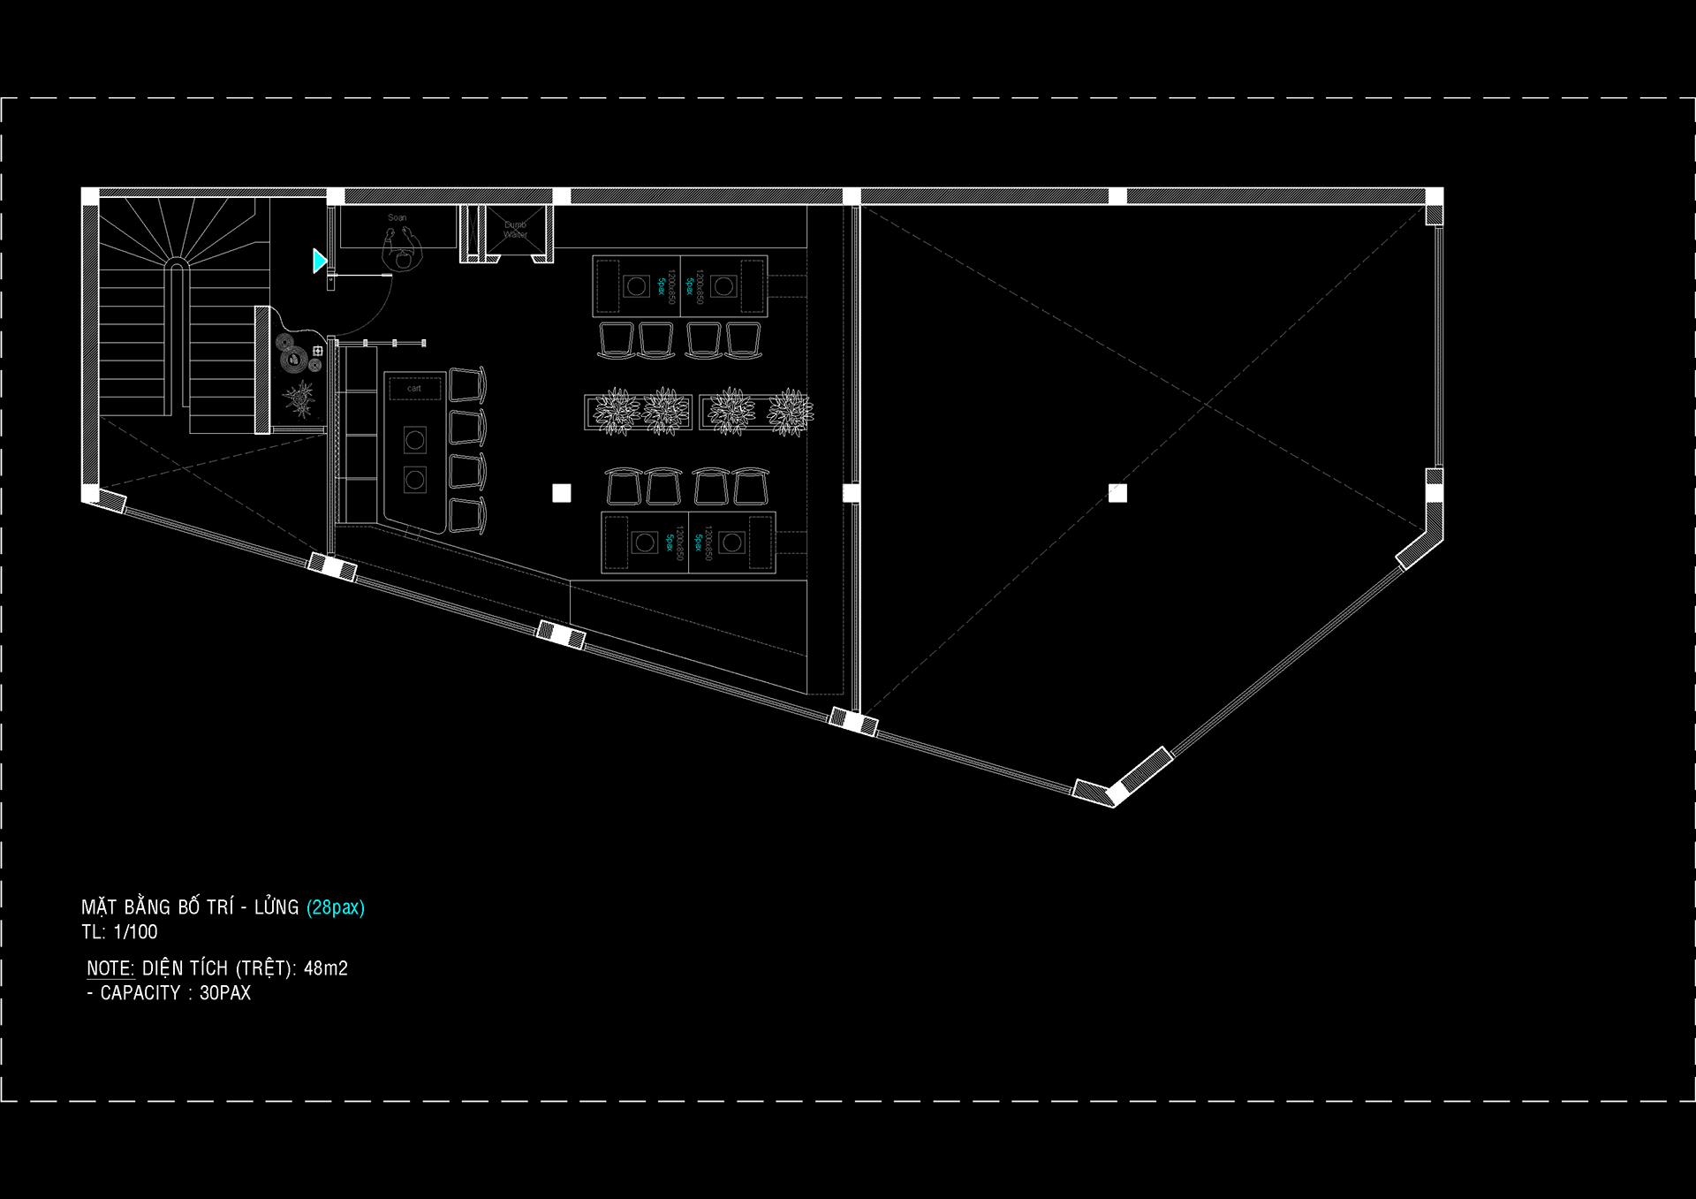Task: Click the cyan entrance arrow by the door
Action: [319, 261]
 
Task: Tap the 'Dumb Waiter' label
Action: [515, 230]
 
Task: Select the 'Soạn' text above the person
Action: [397, 217]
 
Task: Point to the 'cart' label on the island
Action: [414, 389]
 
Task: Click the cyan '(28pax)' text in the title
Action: [335, 907]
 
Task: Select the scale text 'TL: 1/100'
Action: [119, 932]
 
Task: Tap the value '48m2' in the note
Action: [325, 968]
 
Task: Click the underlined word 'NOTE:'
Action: [110, 968]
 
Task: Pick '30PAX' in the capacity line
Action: [224, 993]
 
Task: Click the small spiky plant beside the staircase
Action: [300, 399]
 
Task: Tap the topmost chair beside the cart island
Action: [467, 384]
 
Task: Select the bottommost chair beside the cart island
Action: [467, 515]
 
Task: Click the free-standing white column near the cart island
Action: [562, 493]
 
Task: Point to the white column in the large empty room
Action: [1117, 493]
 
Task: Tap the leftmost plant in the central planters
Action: [616, 412]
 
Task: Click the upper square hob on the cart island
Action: [415, 439]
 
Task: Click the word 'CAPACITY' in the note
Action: [140, 993]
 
